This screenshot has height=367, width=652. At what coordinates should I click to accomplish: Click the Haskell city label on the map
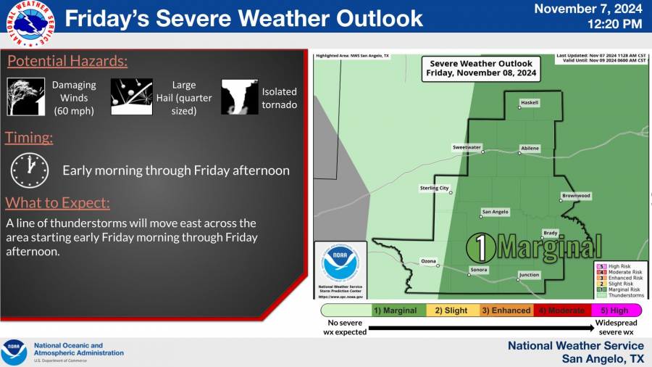[x=530, y=103]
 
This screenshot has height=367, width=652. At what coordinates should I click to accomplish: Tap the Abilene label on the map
[x=530, y=148]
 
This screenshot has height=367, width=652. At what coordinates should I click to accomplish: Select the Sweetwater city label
[x=467, y=147]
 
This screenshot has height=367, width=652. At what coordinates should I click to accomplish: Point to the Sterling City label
[x=435, y=188]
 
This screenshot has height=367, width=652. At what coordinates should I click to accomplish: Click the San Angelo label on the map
[x=496, y=212]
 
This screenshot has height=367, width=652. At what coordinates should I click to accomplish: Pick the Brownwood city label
[x=577, y=196]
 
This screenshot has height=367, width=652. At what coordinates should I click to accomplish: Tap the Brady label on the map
[x=551, y=232]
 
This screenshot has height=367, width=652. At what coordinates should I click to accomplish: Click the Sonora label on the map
[x=479, y=270]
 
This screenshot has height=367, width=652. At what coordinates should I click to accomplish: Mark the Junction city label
[x=529, y=275]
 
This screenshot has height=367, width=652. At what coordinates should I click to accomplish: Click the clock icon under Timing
[x=29, y=170]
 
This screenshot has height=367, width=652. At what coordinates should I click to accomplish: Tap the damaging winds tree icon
[x=26, y=96]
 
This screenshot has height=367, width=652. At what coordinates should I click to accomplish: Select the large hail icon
[x=130, y=96]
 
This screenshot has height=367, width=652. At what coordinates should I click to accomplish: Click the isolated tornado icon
[x=239, y=96]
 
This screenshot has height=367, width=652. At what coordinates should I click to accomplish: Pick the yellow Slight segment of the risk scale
[x=453, y=310]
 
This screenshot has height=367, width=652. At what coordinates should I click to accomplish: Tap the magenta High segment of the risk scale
[x=614, y=310]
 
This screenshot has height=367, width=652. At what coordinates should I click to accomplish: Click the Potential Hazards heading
[x=67, y=61]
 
